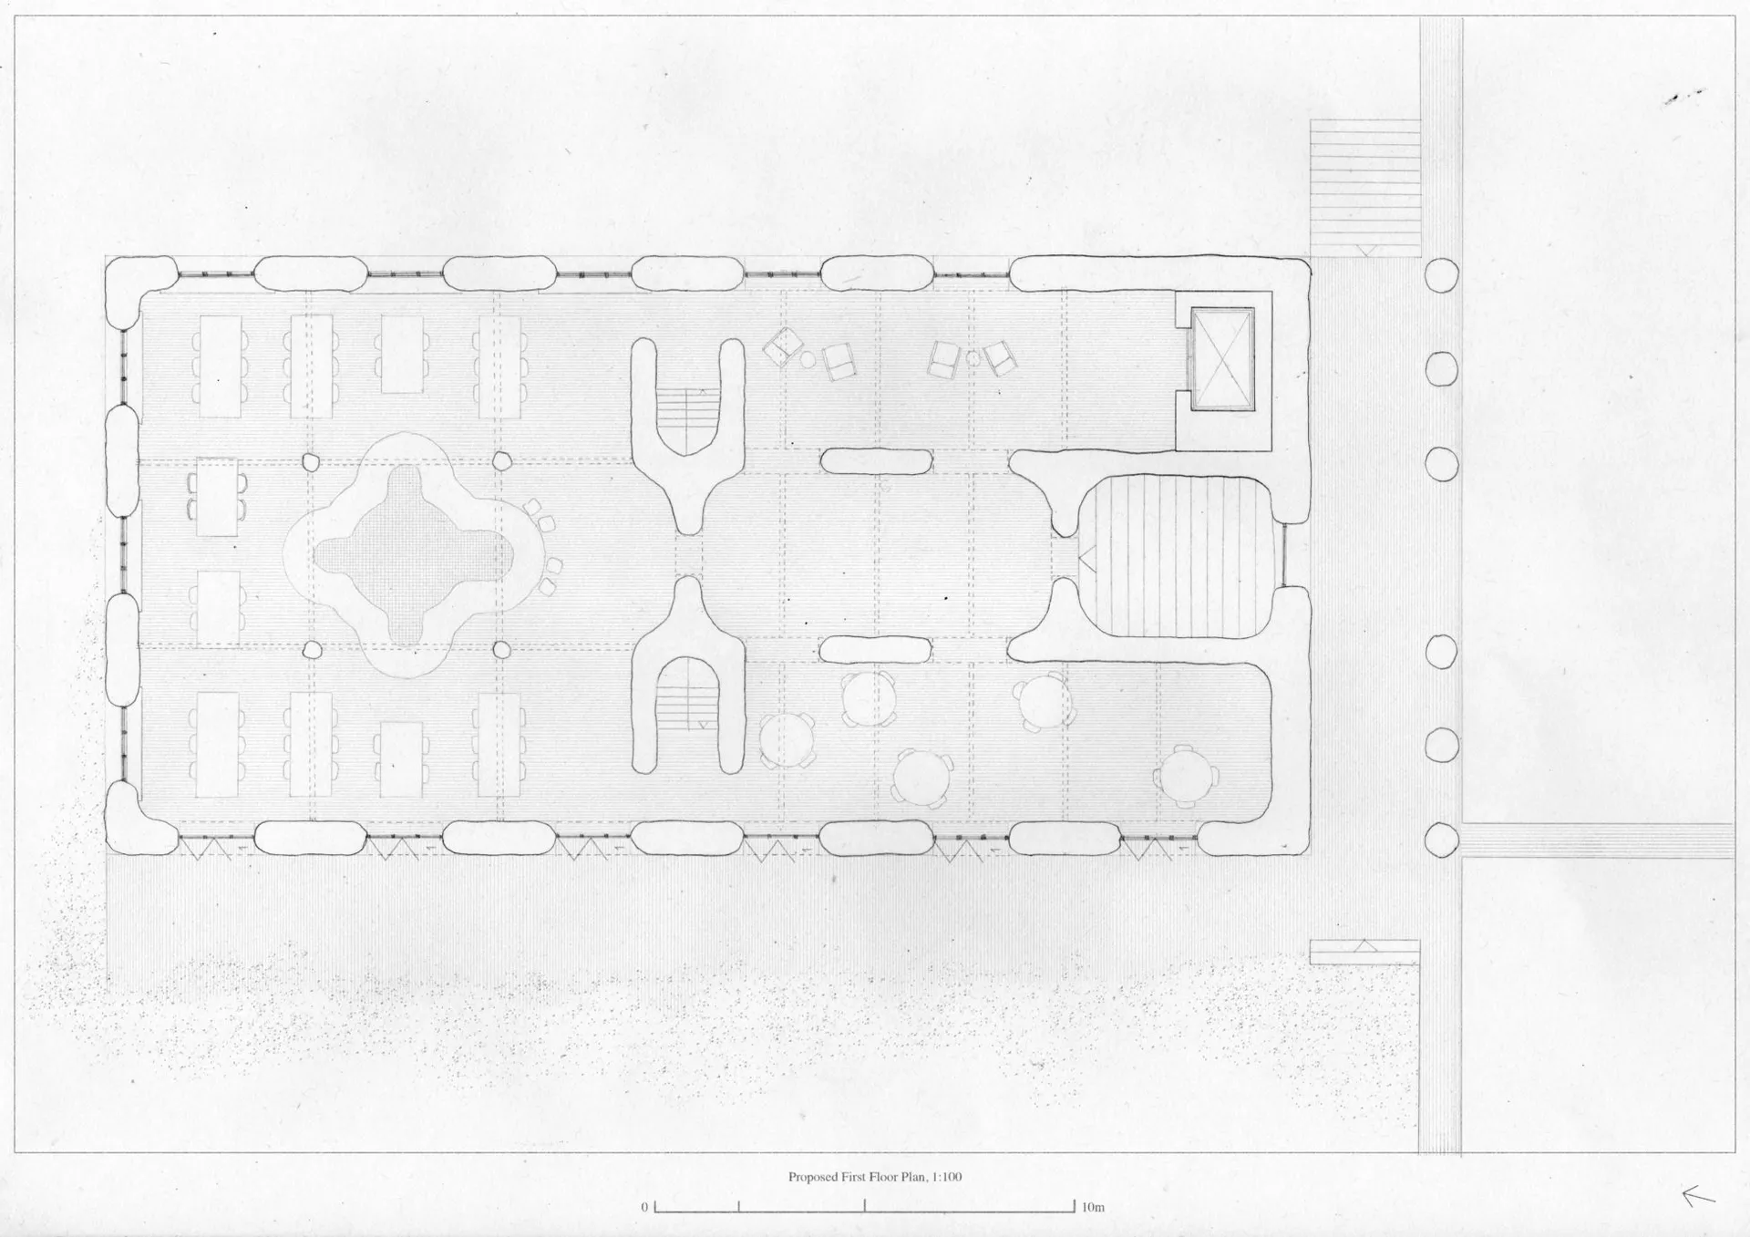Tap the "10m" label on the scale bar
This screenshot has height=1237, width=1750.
pyautogui.click(x=1093, y=1208)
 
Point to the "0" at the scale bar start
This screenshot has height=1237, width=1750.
pyautogui.click(x=644, y=1208)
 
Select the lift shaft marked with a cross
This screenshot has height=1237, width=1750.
pyautogui.click(x=1221, y=359)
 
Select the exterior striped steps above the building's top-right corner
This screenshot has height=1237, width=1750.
pyautogui.click(x=1365, y=188)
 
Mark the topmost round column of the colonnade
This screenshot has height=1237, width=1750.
pyautogui.click(x=1441, y=274)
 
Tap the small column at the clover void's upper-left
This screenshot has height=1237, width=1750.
pyautogui.click(x=312, y=462)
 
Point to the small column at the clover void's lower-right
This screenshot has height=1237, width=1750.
pyautogui.click(x=501, y=650)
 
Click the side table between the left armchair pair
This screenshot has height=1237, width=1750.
pyautogui.click(x=808, y=359)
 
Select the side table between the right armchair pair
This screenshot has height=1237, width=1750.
pyautogui.click(x=973, y=357)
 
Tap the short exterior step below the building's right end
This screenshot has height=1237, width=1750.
pyautogui.click(x=1364, y=952)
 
